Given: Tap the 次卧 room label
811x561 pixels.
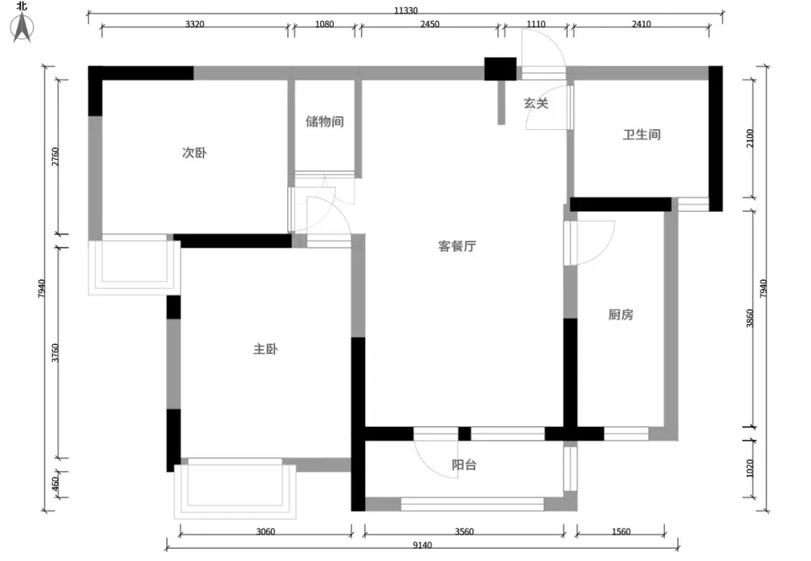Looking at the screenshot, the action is tap(195, 153).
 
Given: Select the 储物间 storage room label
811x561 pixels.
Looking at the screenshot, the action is tap(324, 122).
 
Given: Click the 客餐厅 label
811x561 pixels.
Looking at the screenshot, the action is tap(457, 246).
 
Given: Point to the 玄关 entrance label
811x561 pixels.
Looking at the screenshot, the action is tap(536, 103).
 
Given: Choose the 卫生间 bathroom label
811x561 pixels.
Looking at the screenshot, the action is tap(642, 135).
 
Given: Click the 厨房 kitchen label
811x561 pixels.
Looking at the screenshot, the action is tap(620, 314).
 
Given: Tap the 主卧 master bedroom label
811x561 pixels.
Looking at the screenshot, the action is tap(265, 349).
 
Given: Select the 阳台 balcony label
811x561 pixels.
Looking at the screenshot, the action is tap(464, 464).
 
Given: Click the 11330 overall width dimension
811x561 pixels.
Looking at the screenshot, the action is tap(406, 11).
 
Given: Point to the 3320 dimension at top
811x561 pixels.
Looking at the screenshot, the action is tap(195, 24).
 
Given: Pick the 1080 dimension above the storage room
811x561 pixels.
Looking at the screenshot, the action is tap(324, 24).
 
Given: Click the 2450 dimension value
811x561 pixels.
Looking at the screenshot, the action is tap(430, 24).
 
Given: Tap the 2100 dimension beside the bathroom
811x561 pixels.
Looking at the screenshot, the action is tap(750, 138).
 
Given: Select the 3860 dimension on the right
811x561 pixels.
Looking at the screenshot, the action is tap(750, 318).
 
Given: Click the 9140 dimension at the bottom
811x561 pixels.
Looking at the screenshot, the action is tap(423, 545).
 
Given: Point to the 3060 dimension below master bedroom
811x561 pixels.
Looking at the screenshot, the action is tap(265, 532).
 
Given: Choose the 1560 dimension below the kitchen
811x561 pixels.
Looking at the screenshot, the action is tap(620, 532).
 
